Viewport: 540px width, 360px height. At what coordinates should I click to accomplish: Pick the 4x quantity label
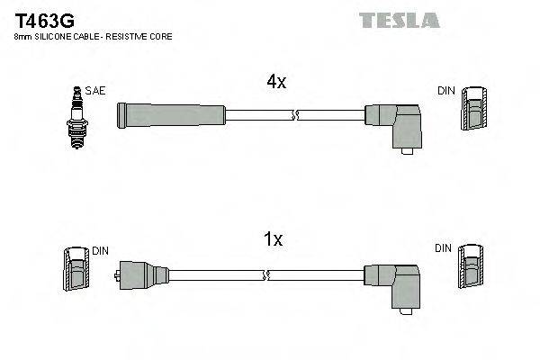pyautogui.click(x=275, y=82)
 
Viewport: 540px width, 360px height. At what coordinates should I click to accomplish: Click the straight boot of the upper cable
pyautogui.click(x=171, y=114)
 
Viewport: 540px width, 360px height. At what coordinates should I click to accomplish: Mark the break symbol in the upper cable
pyautogui.click(x=295, y=114)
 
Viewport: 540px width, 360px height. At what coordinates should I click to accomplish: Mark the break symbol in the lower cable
pyautogui.click(x=266, y=274)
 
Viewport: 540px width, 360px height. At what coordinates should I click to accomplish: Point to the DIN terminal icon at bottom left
pyautogui.click(x=75, y=269)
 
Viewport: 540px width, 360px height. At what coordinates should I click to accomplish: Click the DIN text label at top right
pyautogui.click(x=446, y=92)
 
